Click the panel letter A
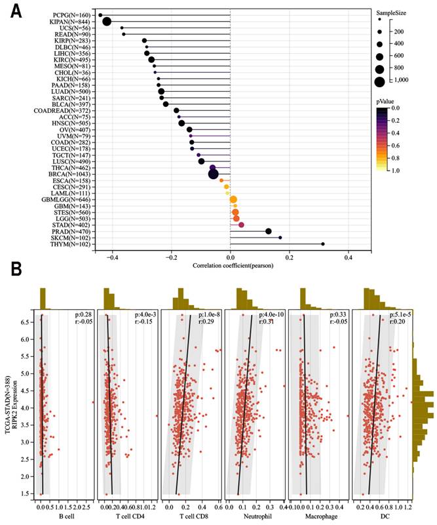pos(14,11)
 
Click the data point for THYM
pos(323,244)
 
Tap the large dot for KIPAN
pos(107,22)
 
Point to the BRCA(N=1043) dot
pos(213,174)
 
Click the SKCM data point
pos(280,238)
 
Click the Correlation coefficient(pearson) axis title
pos(230,266)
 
